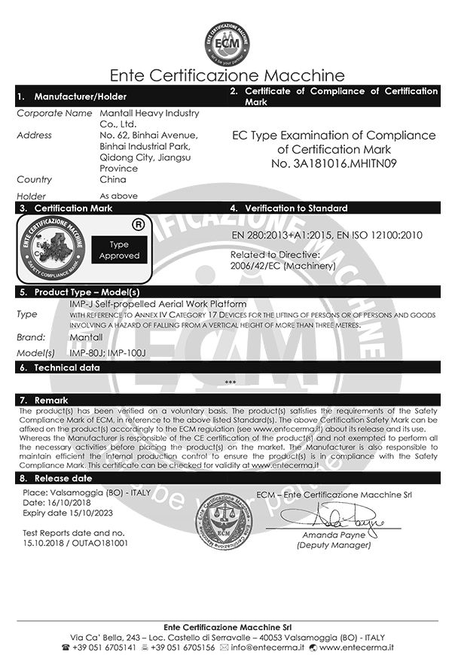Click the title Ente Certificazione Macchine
(227, 76)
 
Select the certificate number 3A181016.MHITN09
(344, 163)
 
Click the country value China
(113, 180)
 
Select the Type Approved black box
(119, 250)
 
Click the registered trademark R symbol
(139, 224)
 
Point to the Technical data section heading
(67, 367)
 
